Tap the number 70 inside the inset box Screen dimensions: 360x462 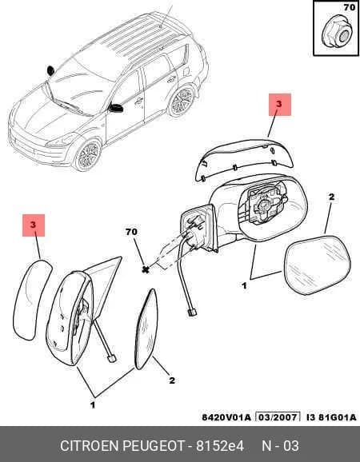click(x=350, y=7)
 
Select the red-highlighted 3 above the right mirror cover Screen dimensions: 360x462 click(x=279, y=104)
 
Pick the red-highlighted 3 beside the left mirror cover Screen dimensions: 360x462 click(x=33, y=225)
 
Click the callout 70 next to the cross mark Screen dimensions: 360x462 click(x=131, y=232)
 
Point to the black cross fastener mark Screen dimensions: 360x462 click(x=146, y=269)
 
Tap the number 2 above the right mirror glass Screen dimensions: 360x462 click(x=331, y=197)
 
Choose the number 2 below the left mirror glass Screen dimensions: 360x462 click(x=172, y=380)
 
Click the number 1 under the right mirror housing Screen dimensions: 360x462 click(x=244, y=285)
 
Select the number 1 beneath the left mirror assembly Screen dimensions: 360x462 click(x=93, y=405)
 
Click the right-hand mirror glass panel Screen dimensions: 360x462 click(x=318, y=265)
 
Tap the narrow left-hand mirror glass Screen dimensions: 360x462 click(x=146, y=329)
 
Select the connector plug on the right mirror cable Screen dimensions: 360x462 click(x=192, y=312)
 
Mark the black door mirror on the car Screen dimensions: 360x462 click(x=116, y=108)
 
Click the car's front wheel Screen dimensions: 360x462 click(x=87, y=155)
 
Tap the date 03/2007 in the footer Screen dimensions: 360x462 click(x=278, y=417)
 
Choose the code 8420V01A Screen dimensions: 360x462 click(x=226, y=417)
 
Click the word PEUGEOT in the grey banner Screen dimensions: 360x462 click(x=154, y=446)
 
